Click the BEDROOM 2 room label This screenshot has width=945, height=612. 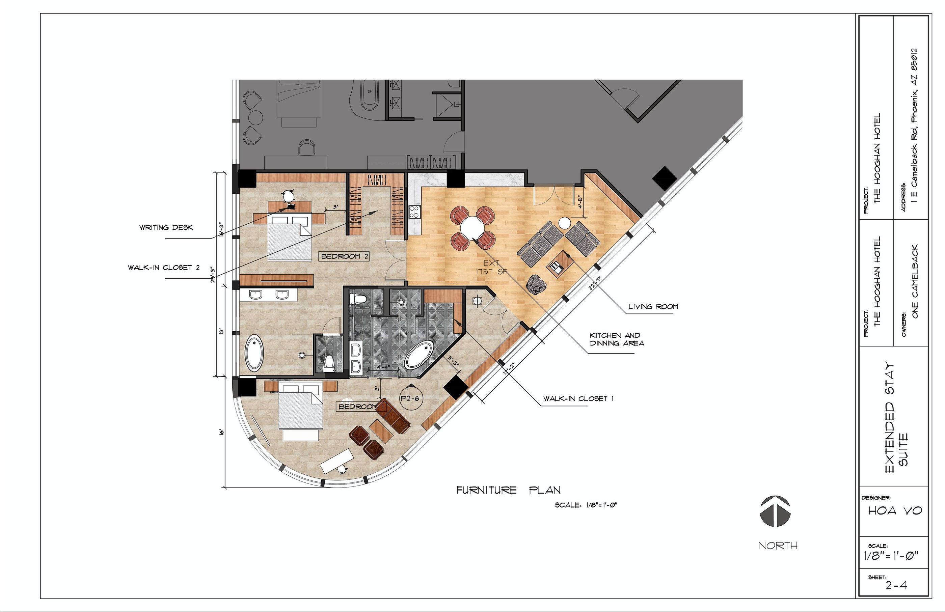click(345, 256)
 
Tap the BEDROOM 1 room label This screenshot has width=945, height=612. click(362, 407)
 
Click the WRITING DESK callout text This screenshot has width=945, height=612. click(166, 227)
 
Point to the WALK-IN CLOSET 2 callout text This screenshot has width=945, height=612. click(164, 268)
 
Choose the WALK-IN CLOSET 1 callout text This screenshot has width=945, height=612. click(578, 398)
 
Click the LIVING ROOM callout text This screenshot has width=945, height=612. click(653, 306)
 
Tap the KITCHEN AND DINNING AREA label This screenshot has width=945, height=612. click(617, 339)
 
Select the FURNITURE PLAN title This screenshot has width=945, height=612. click(508, 490)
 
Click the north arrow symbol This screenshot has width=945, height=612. click(775, 511)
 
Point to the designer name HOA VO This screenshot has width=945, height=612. click(895, 510)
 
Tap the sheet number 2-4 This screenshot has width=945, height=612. click(896, 585)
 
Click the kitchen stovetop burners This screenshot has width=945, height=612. click(414, 212)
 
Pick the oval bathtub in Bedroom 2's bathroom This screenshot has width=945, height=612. click(254, 353)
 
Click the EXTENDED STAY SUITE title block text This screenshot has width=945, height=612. click(896, 417)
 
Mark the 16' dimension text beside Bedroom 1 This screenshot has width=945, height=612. click(222, 432)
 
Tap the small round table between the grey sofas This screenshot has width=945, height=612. click(564, 223)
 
